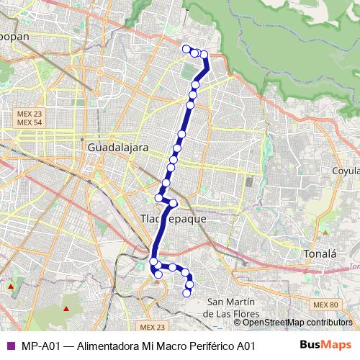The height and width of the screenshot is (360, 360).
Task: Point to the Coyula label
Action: (330, 171)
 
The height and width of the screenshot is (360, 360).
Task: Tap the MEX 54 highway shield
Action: (30, 122)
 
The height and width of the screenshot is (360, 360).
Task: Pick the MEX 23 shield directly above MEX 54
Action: (30, 113)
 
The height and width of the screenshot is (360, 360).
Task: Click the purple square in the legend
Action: (10, 345)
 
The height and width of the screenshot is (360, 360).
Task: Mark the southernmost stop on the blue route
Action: (189, 292)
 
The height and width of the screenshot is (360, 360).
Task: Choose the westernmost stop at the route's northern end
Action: (186, 49)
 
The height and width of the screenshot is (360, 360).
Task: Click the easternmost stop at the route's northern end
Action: (204, 55)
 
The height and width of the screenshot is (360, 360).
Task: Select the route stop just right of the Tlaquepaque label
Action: (174, 203)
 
